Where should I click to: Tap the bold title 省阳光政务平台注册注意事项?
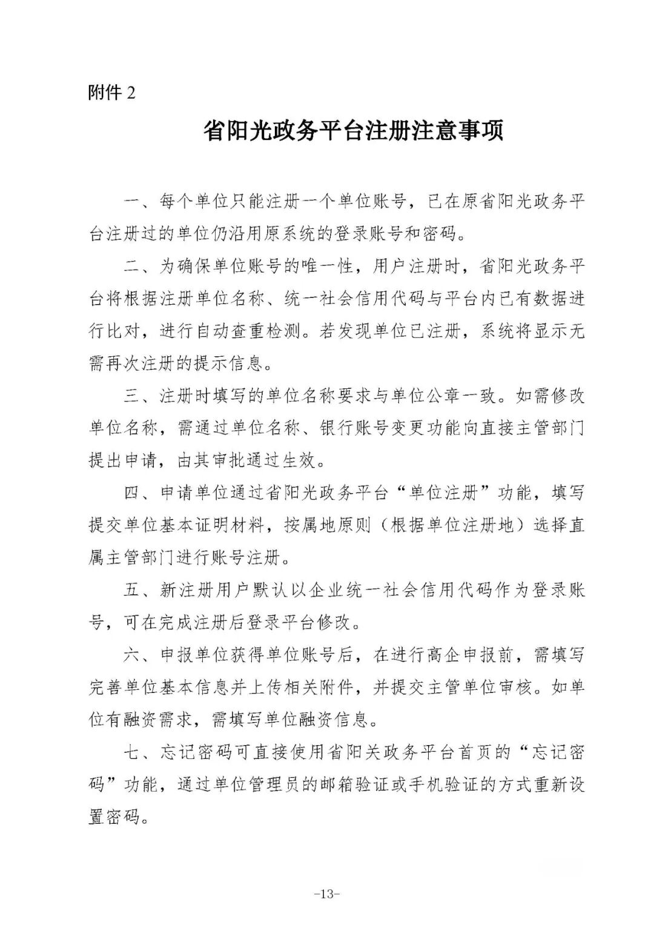[354, 131]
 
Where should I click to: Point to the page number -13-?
[328, 894]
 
